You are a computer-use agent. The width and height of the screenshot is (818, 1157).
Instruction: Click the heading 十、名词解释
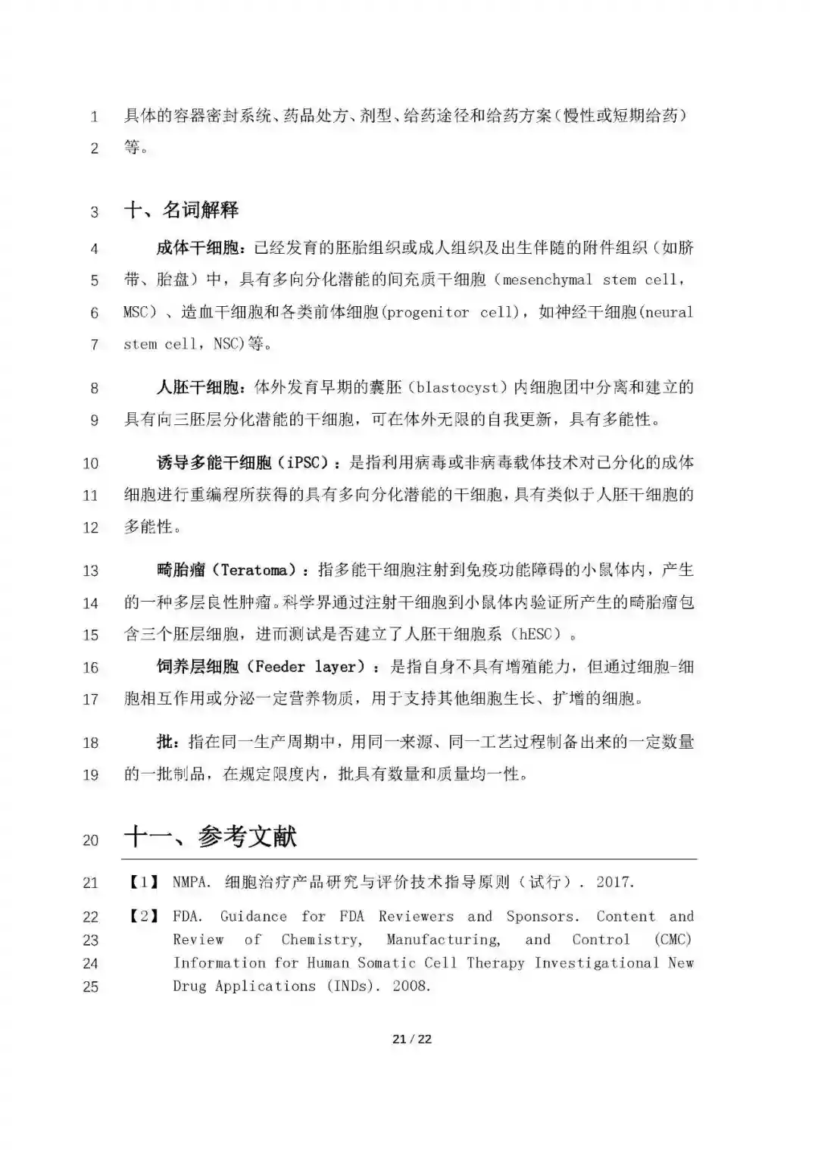pyautogui.click(x=181, y=210)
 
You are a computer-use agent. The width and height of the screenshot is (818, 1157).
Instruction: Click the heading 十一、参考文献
pyautogui.click(x=210, y=837)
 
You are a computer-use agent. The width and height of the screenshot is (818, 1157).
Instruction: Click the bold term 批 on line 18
pyautogui.click(x=164, y=742)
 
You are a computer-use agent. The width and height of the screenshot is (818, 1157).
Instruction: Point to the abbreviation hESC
pyautogui.click(x=536, y=634)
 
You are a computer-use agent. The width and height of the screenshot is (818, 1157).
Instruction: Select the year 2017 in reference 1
pyautogui.click(x=613, y=882)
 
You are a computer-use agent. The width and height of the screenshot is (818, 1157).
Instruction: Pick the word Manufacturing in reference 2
pyautogui.click(x=443, y=940)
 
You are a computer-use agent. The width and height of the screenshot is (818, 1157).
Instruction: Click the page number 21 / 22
pyautogui.click(x=412, y=1039)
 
